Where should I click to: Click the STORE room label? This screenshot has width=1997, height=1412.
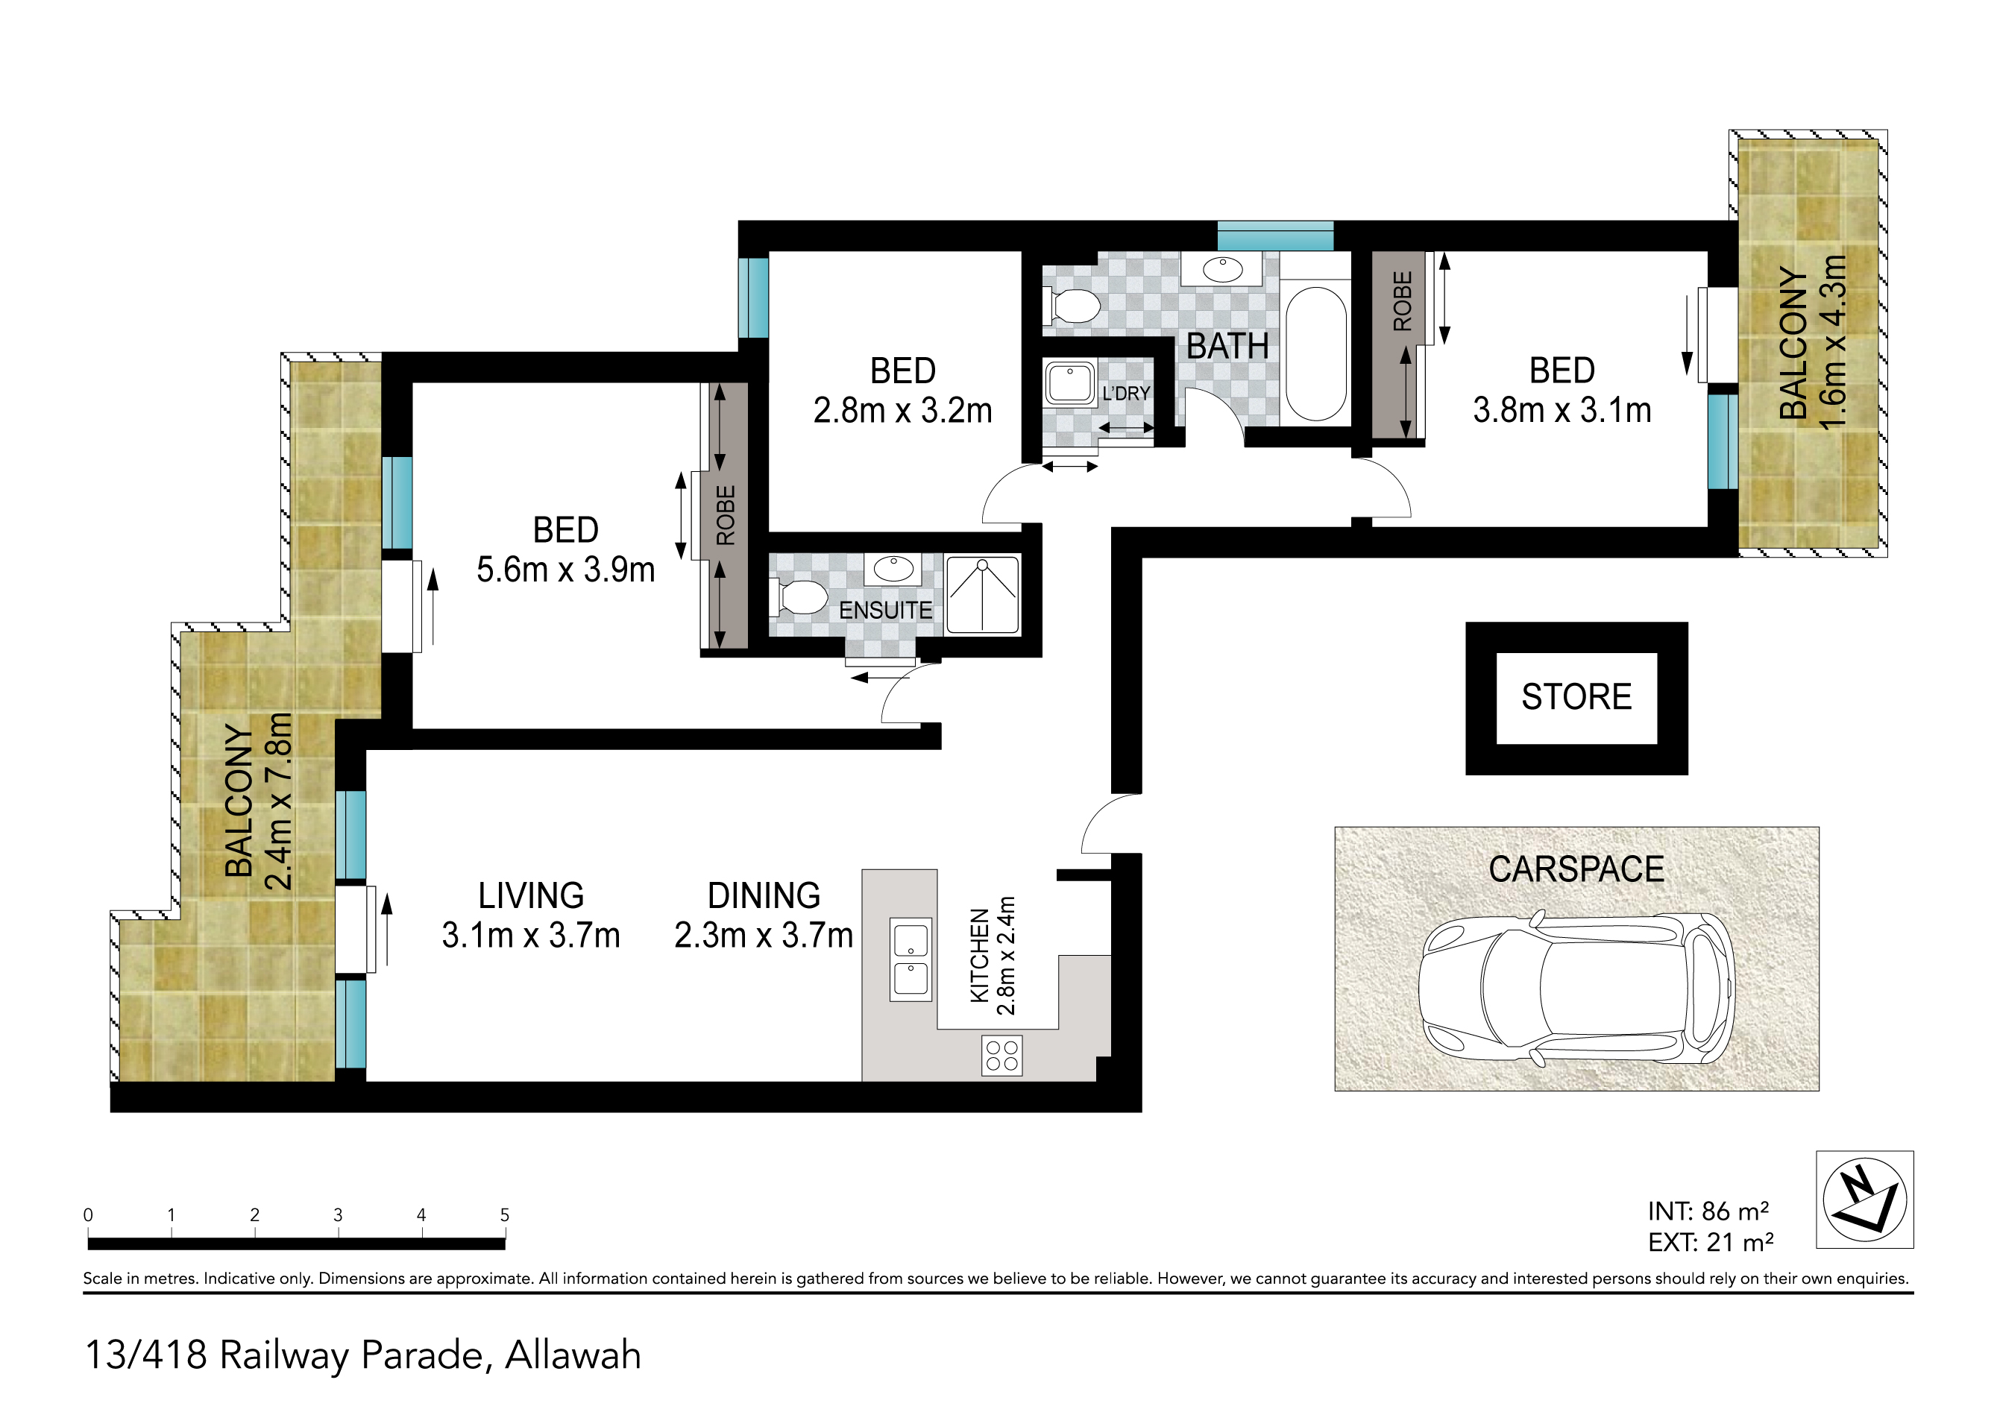click(x=1576, y=696)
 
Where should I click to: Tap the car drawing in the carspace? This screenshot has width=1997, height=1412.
click(x=1576, y=989)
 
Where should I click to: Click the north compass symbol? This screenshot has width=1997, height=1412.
click(x=1865, y=1200)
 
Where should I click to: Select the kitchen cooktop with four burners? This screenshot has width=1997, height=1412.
click(x=1002, y=1056)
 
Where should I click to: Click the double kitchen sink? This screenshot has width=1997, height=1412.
click(x=911, y=960)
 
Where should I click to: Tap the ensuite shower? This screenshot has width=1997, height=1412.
click(x=983, y=595)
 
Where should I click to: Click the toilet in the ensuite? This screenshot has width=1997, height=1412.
click(x=799, y=597)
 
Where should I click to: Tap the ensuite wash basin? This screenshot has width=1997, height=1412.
click(x=893, y=570)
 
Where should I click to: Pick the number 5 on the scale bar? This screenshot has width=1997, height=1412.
click(x=504, y=1214)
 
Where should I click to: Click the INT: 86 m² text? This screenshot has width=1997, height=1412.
click(x=1708, y=1211)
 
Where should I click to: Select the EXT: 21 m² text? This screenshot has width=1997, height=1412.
click(x=1711, y=1243)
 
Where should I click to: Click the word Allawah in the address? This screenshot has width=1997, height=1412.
click(x=573, y=1355)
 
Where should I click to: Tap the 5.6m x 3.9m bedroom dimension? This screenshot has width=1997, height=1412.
click(x=565, y=570)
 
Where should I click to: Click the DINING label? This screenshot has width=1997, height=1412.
click(x=764, y=895)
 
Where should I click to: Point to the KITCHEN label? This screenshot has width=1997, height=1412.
click(x=979, y=956)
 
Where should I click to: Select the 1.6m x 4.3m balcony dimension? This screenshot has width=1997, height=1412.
click(x=1833, y=343)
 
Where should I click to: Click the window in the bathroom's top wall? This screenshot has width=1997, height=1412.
click(x=1275, y=236)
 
